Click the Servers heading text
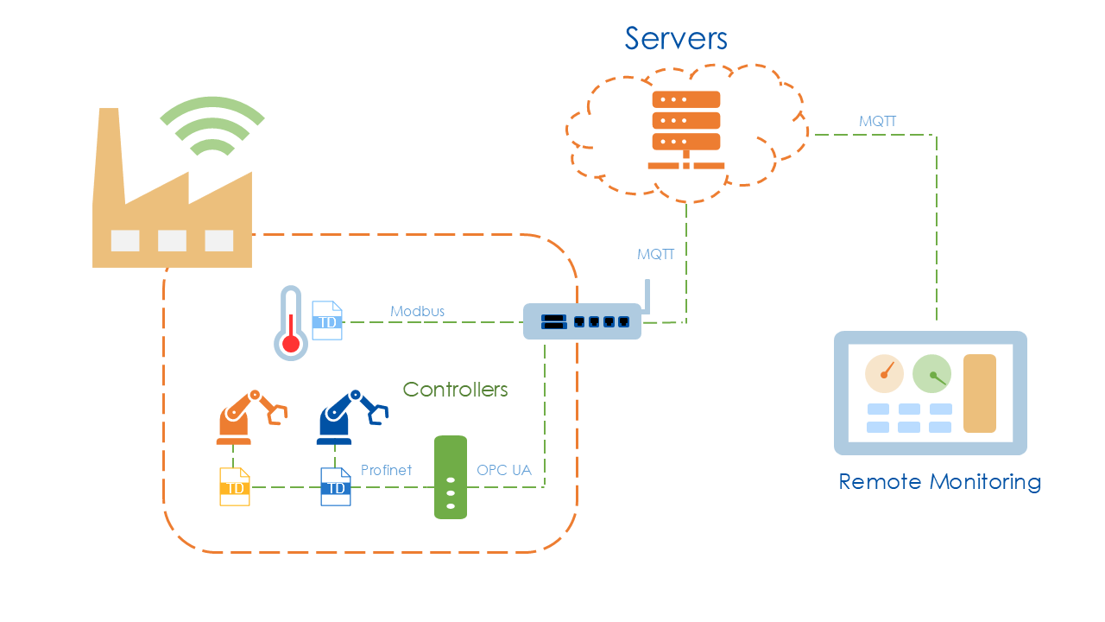(676, 38)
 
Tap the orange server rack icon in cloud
(686, 129)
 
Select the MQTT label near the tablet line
(877, 122)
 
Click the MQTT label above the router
(655, 255)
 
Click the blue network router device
(583, 321)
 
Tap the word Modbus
(417, 311)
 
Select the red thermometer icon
(291, 324)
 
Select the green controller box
(451, 478)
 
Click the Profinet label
(386, 470)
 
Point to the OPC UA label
(504, 470)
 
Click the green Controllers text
(455, 390)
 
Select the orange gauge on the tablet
(884, 373)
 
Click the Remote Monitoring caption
(939, 481)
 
